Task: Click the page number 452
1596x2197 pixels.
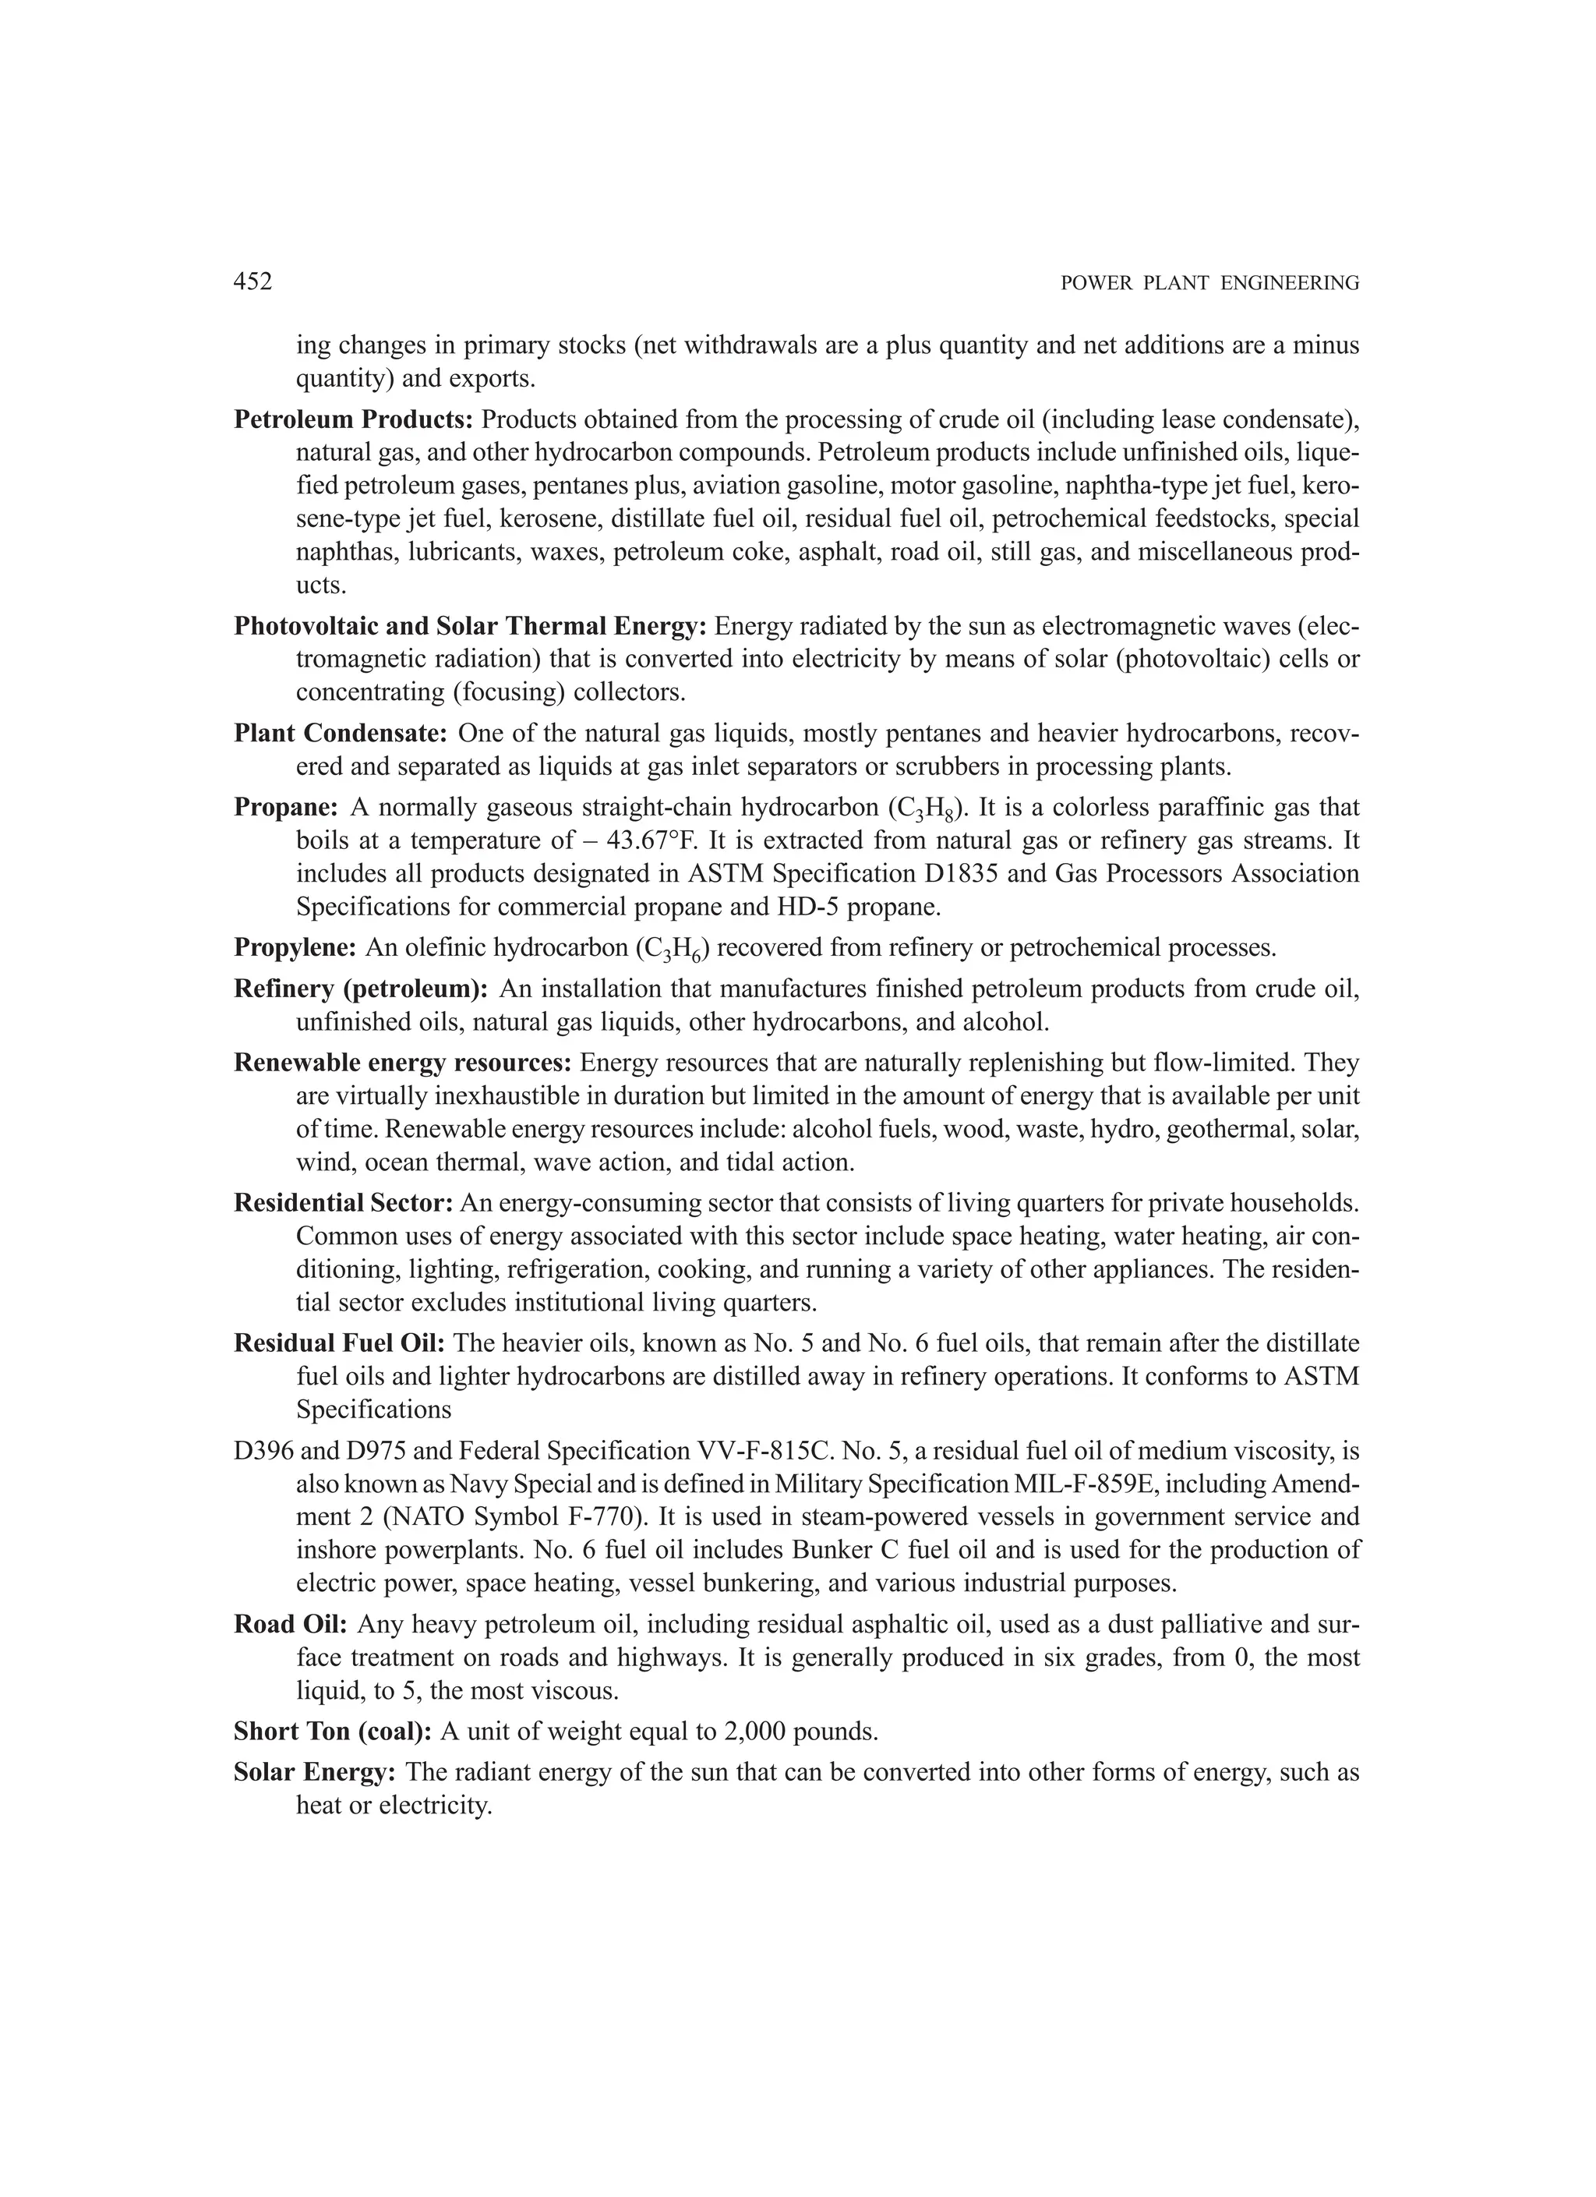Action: [x=252, y=282]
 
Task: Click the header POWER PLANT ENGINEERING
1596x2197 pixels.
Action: [x=1209, y=283]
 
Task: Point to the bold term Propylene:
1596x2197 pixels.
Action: [x=296, y=946]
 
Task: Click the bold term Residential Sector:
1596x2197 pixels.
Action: [x=344, y=1202]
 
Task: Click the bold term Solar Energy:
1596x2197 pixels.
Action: [x=315, y=1773]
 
